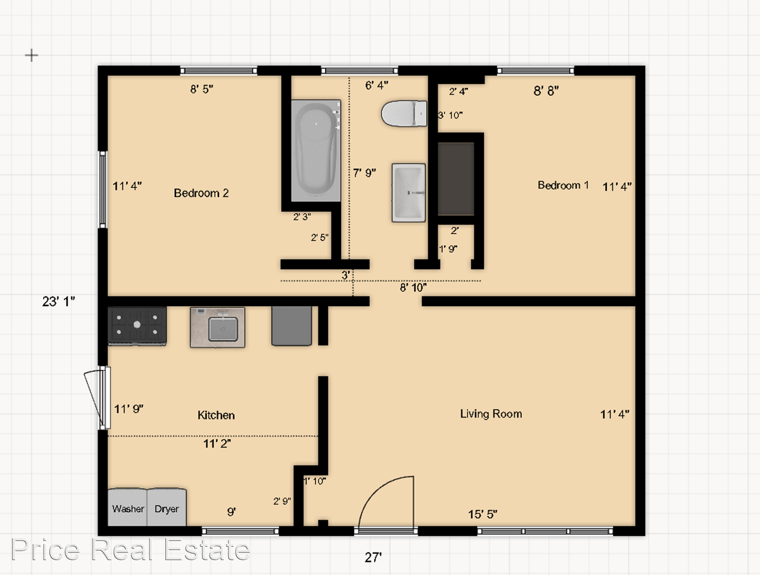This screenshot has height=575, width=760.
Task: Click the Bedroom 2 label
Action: pos(201,193)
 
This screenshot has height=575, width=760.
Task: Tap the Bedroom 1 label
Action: pos(563,185)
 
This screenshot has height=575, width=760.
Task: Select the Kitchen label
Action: pos(216,415)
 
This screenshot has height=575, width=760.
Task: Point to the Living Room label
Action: pos(491,414)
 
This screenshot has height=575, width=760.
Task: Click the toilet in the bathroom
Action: pos(404,113)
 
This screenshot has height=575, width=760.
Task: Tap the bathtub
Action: pos(316,151)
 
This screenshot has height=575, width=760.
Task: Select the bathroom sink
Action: pos(409,193)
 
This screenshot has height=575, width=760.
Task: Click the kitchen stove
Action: pos(137,326)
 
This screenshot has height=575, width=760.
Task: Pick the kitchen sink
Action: pos(217,328)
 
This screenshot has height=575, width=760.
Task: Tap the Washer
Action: pos(127,507)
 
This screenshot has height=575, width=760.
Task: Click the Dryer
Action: pos(167,507)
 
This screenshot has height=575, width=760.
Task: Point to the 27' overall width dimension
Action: pos(373,558)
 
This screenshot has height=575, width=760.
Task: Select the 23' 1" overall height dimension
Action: pos(59,301)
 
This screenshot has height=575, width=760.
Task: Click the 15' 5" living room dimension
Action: pos(483,515)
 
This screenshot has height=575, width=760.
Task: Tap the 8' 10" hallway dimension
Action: pos(413,287)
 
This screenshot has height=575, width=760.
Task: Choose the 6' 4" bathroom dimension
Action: pos(377,85)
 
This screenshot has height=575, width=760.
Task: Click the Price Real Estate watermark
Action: pos(130,549)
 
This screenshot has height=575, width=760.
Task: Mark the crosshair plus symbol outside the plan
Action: pos(32,55)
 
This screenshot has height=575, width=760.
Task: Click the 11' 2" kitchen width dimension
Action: pos(217,443)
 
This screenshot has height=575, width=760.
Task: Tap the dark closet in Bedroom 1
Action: pos(455,178)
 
